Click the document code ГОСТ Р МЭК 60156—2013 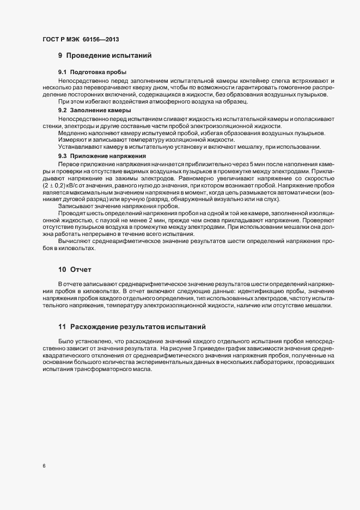[x=81, y=40]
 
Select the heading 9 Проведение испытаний [x=104, y=56]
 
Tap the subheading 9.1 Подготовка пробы [x=93, y=72]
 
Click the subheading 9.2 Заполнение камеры [x=94, y=111]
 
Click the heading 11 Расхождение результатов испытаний [x=131, y=326]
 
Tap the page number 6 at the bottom [x=44, y=466]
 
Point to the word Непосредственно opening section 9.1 [x=82, y=80]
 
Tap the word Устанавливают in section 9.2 [x=78, y=148]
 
